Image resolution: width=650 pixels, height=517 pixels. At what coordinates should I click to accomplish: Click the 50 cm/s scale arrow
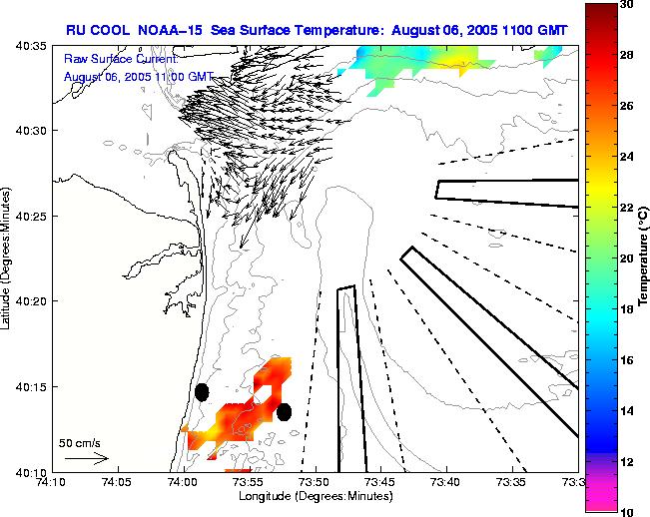[87, 459]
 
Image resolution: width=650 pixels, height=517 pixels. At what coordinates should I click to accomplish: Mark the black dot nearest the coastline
[202, 392]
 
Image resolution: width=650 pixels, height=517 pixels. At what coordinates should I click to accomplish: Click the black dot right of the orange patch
[284, 412]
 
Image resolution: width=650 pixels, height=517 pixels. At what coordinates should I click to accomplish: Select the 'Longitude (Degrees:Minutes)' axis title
[315, 496]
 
